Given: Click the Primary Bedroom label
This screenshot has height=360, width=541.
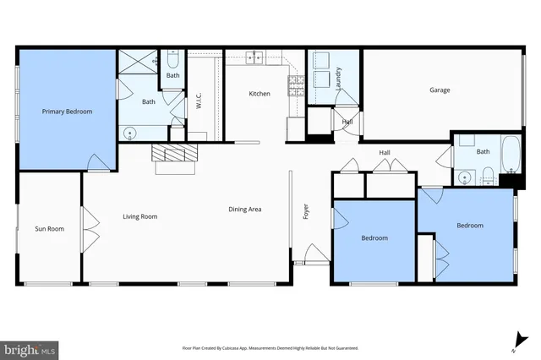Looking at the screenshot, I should pyautogui.click(x=68, y=112).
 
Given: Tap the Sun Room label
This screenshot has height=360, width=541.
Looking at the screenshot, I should pyautogui.click(x=49, y=229).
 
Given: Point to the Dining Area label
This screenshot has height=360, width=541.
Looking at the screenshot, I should pyautogui.click(x=244, y=209).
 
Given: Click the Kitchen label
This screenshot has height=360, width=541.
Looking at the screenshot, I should pyautogui.click(x=259, y=94).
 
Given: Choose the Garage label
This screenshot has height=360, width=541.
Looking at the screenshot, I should pyautogui.click(x=439, y=90).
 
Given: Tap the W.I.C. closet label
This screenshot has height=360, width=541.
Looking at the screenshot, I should pyautogui.click(x=198, y=102).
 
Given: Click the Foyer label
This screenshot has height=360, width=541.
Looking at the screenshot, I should pyautogui.click(x=307, y=211).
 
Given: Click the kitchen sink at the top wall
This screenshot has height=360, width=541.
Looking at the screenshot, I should pyautogui.click(x=254, y=57).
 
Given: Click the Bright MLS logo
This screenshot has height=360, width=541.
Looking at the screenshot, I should pyautogui.click(x=30, y=348).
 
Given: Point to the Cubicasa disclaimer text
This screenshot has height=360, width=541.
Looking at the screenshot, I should pyautogui.click(x=270, y=348).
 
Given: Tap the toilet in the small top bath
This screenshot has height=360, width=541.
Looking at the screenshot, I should pyautogui.click(x=173, y=60).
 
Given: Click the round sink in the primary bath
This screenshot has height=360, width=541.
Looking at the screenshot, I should pyautogui.click(x=130, y=132).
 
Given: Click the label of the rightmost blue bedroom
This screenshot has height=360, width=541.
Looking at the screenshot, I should pyautogui.click(x=470, y=226).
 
